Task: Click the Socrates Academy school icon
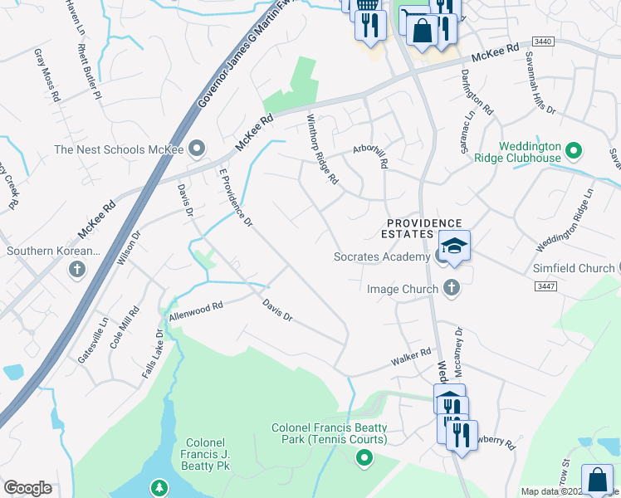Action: coord(454,247)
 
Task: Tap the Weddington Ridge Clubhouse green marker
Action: coord(573,151)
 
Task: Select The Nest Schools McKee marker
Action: coord(197,149)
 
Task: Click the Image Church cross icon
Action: coord(452,289)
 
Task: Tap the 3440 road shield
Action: coord(543,41)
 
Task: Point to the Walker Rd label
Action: coord(412,359)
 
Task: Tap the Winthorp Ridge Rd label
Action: coord(323,149)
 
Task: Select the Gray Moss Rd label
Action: coord(47,75)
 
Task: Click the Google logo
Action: coord(27,488)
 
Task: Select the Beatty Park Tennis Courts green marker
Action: coord(364,456)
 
